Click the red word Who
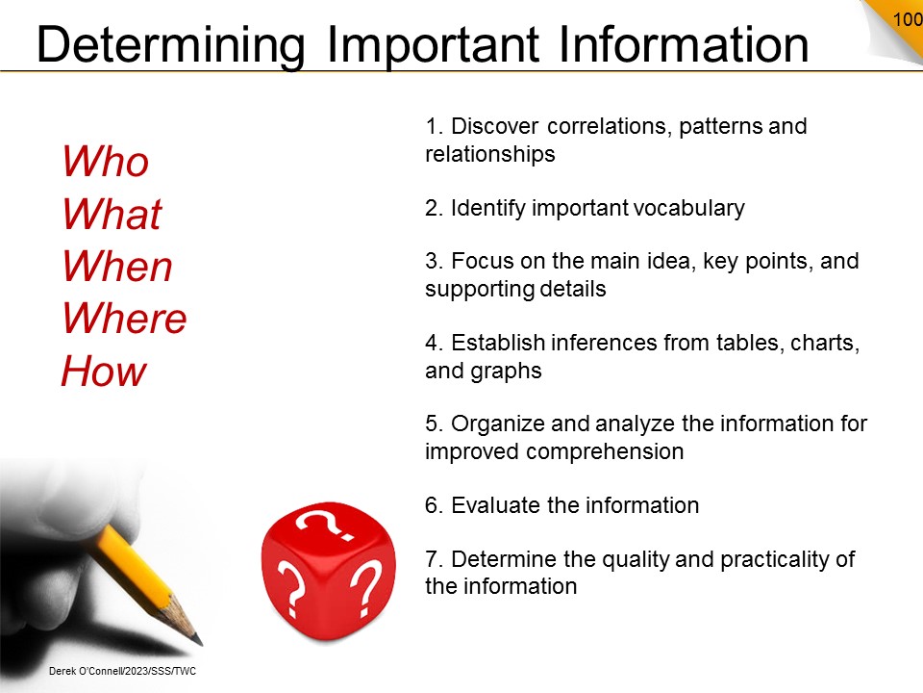point(106,161)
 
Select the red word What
point(112,214)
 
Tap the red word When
point(117,266)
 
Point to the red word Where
point(124,319)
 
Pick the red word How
point(104,371)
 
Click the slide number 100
point(907,19)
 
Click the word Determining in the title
point(171,46)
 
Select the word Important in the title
point(433,44)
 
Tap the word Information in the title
point(684,44)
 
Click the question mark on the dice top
point(325,522)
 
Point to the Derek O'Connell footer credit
point(122,671)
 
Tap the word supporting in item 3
point(479,290)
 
